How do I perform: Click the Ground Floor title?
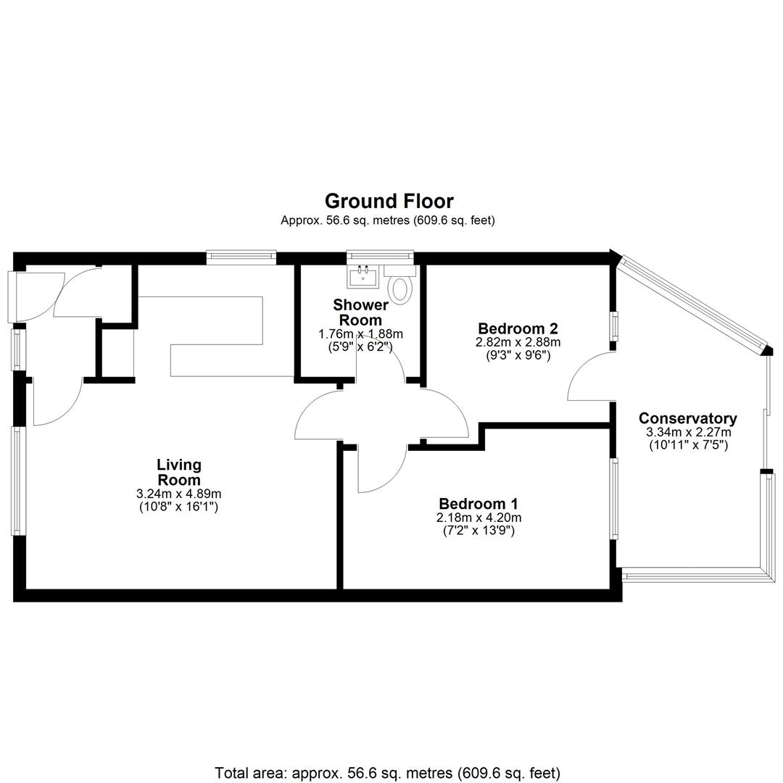point(389,202)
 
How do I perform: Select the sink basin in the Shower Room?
point(362,276)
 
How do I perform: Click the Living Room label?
point(179,472)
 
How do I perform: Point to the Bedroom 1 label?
point(478,503)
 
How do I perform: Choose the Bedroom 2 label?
point(518,328)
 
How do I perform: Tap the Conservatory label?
point(687,418)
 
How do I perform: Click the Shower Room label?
point(360,312)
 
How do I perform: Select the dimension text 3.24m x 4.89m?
point(179,494)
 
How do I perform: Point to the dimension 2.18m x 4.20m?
point(479,518)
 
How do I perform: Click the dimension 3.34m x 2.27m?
point(688,432)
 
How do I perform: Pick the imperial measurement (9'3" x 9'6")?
point(518,355)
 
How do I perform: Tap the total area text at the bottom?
point(387,773)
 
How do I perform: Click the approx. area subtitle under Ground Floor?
point(387,220)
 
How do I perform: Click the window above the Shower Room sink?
point(381,256)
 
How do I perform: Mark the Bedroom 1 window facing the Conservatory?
point(614,498)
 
